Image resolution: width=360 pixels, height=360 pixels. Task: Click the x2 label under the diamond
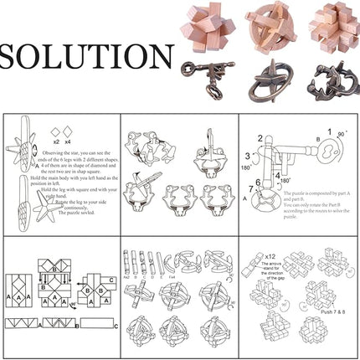click(57, 131)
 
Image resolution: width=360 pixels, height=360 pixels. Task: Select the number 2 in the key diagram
click(260, 139)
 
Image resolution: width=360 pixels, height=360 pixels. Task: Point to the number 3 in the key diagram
click(249, 156)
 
